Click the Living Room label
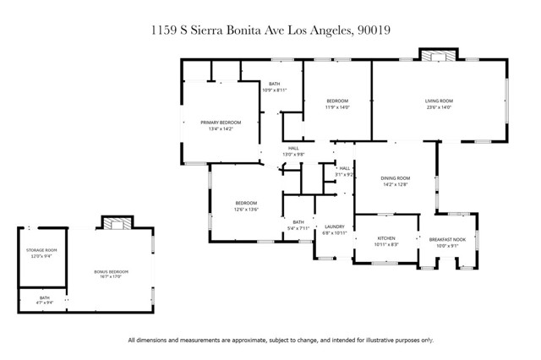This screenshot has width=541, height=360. pyautogui.click(x=438, y=101)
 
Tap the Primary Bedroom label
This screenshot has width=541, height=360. pyautogui.click(x=221, y=123)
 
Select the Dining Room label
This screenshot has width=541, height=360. pyautogui.click(x=395, y=178)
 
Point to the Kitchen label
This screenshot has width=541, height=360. pyautogui.click(x=385, y=238)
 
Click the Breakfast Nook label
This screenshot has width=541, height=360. pyautogui.click(x=447, y=238)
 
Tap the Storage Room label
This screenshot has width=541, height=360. pyautogui.click(x=41, y=250)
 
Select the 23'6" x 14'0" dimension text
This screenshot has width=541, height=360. pyautogui.click(x=438, y=107)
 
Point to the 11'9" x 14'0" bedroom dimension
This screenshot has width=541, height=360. pyautogui.click(x=337, y=107)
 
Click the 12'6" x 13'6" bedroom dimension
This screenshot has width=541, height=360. pyautogui.click(x=246, y=209)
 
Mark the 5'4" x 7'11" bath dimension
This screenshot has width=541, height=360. pyautogui.click(x=299, y=227)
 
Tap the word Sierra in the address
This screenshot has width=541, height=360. pyautogui.click(x=209, y=30)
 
